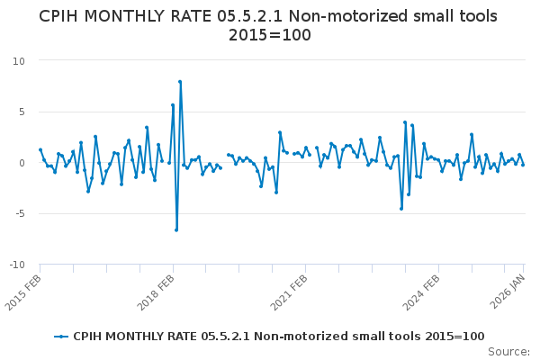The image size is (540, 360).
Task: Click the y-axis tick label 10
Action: point(18,60)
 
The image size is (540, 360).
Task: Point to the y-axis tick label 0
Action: point(22,163)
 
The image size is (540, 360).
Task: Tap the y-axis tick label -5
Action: point(19,214)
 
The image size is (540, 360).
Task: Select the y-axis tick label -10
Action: point(16,265)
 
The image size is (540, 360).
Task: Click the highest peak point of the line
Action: point(180,82)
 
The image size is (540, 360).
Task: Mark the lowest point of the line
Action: point(176,229)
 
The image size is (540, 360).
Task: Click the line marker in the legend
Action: point(61,337)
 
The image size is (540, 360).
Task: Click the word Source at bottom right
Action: point(508,351)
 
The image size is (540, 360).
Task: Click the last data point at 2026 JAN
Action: point(523,165)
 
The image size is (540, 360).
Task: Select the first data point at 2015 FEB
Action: point(40,150)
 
